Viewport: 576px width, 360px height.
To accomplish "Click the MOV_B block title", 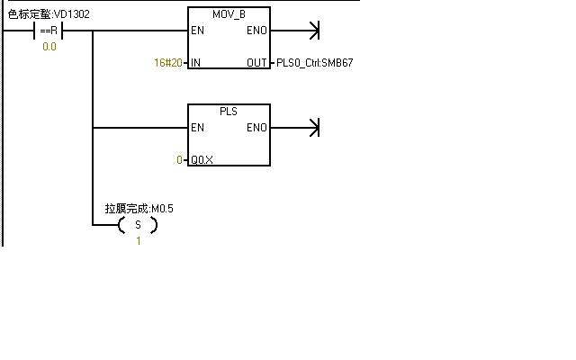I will click(229, 14).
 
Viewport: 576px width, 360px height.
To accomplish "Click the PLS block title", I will click(229, 111).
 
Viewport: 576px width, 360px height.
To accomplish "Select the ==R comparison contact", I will click(49, 31).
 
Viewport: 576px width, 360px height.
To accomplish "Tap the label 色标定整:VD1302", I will click(49, 13).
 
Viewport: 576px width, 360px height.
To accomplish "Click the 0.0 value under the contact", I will click(49, 47).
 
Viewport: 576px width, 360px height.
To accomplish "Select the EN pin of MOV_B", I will click(197, 31).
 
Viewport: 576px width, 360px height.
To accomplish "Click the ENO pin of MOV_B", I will click(256, 31).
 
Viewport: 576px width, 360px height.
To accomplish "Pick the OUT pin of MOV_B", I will click(256, 63).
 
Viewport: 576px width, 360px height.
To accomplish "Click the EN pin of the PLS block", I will click(197, 128).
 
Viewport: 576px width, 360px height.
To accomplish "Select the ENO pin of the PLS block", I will click(256, 128).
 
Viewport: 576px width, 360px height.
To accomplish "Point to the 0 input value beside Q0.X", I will click(179, 159).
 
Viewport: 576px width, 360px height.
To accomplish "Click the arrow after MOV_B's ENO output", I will click(313, 31).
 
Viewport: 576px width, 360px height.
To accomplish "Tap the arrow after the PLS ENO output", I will click(313, 128).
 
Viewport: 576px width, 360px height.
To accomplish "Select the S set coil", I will click(138, 224).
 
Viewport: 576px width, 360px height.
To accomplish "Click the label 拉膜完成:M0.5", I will click(139, 208).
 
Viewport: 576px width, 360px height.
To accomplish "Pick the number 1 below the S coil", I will click(138, 240).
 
